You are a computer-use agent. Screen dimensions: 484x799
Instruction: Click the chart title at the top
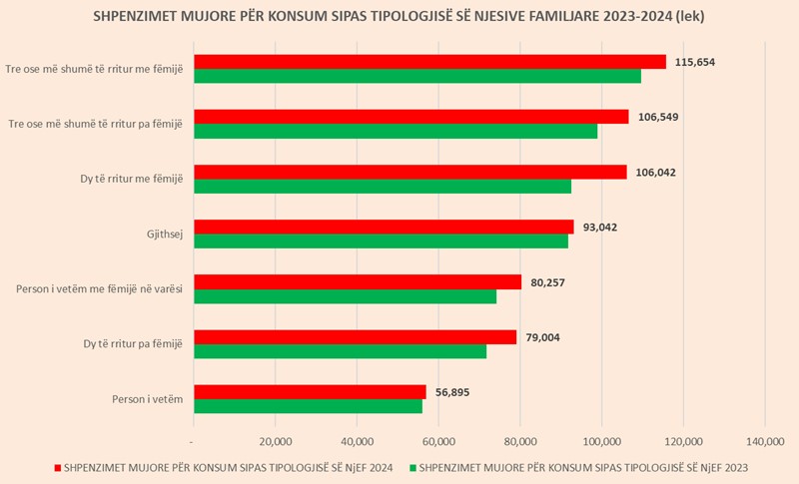coord(399,16)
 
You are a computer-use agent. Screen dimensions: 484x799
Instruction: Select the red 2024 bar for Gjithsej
coord(384,227)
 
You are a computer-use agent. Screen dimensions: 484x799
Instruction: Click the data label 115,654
coord(695,62)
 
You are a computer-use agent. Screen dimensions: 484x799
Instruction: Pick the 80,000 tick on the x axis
coord(520,441)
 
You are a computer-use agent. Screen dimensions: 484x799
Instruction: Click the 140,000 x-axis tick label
coord(765,441)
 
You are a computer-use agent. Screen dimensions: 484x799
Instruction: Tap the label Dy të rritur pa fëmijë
coord(133,344)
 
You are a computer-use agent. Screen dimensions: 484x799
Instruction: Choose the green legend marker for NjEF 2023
coord(412,467)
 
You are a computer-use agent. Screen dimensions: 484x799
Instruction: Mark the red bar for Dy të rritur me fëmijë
coord(409,172)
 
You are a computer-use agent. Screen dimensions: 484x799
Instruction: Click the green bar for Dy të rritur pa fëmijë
coord(340,351)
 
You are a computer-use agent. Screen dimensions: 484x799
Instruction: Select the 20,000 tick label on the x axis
coord(275,441)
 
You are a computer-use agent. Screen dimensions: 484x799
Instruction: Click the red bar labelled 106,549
coord(410,117)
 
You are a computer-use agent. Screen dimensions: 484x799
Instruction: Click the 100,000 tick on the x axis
coord(601,441)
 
